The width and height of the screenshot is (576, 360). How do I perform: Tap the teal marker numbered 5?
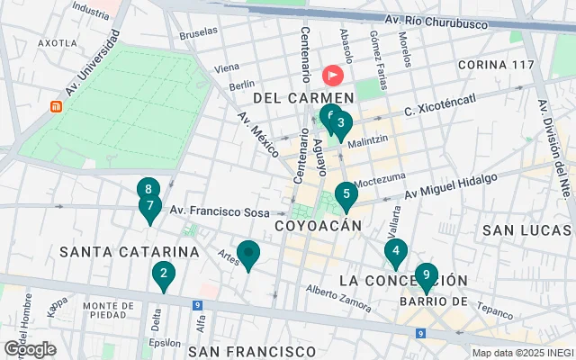pos(346,194)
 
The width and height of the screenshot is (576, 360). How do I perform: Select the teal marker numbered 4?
pos(394,252)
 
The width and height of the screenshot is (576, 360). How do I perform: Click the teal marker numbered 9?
pos(426,275)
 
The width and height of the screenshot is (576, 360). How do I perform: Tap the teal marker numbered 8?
pos(148,190)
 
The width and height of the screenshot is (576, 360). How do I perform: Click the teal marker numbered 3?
pos(342,124)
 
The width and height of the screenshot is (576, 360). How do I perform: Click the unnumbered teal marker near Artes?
pos(248,254)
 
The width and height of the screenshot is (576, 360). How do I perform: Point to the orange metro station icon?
pos(56,106)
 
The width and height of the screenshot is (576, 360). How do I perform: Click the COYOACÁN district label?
pos(318,225)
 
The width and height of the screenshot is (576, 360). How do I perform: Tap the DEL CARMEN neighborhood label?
pos(303,96)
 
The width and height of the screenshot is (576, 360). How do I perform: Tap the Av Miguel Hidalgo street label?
pos(450,186)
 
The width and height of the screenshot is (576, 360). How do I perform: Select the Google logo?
pos(30,348)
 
